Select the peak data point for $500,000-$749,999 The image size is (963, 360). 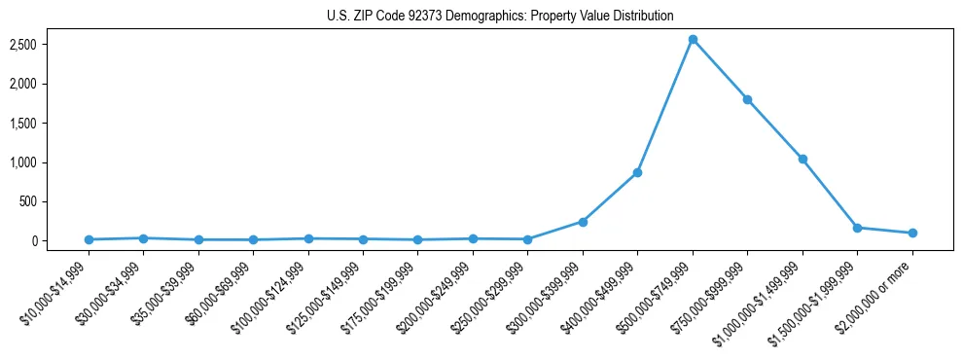point(693,40)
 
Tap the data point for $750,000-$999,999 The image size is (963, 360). point(747,99)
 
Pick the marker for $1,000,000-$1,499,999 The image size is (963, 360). point(802,159)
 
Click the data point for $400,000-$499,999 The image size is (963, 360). point(637,172)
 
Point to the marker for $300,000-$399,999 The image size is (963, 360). point(583,222)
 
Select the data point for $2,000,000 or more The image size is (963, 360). point(912,233)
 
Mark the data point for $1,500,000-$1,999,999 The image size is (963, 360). point(857,228)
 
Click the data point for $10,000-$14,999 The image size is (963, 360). point(89,239)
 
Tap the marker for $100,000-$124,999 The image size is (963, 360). point(308,238)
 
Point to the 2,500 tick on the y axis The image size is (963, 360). point(49,45)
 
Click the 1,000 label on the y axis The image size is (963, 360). point(49,162)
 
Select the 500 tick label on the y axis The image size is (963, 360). point(54,201)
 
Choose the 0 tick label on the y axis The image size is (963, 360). point(60,240)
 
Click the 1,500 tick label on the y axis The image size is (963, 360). point(49,124)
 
